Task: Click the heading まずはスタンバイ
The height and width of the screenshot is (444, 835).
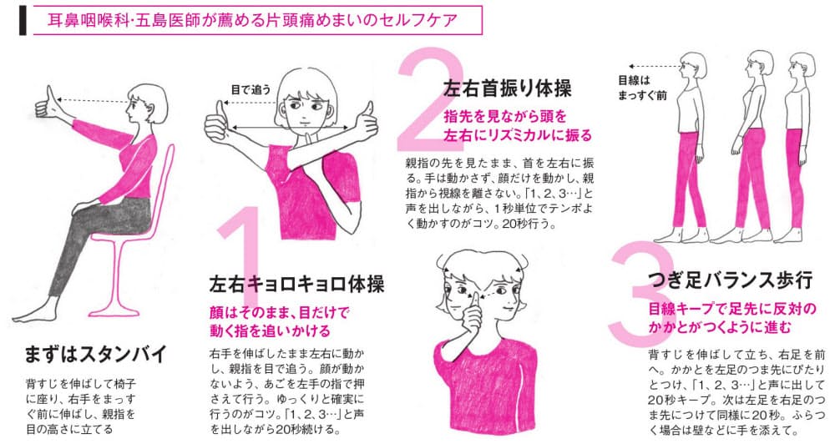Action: pyautogui.click(x=96, y=355)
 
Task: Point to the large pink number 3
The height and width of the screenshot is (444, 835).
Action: pyautogui.click(x=635, y=293)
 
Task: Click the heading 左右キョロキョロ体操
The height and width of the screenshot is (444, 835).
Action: pyautogui.click(x=296, y=284)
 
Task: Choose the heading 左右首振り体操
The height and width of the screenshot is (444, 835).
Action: pyautogui.click(x=507, y=88)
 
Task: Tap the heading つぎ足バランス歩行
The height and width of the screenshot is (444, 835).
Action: pyautogui.click(x=731, y=279)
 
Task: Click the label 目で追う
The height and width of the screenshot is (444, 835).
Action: pyautogui.click(x=250, y=90)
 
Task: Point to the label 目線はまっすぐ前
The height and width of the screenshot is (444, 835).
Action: pyautogui.click(x=641, y=88)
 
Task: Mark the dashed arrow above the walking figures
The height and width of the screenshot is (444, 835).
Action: pyautogui.click(x=655, y=67)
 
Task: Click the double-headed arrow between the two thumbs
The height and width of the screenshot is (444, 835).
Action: pyautogui.click(x=288, y=127)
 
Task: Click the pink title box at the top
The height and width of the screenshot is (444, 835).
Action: pyautogui.click(x=257, y=20)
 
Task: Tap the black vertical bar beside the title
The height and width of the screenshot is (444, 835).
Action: pyautogui.click(x=23, y=20)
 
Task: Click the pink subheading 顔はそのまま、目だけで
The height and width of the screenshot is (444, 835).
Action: pyautogui.click(x=279, y=312)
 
